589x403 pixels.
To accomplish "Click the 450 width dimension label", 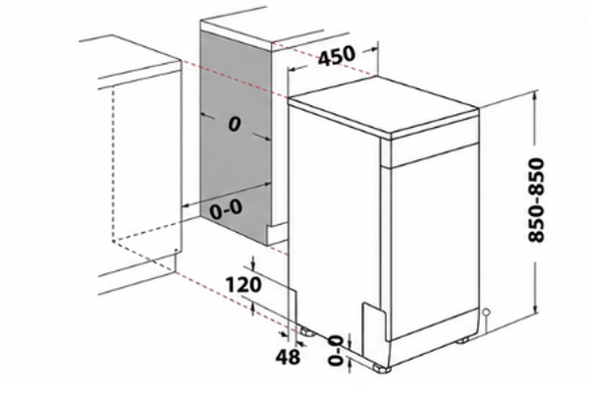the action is click(x=336, y=56).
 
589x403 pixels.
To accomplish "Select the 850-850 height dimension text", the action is click(x=536, y=201).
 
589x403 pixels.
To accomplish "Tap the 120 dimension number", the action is click(x=243, y=285).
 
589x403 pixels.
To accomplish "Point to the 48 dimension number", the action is click(x=288, y=357).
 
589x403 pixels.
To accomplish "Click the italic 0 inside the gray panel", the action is click(x=235, y=124).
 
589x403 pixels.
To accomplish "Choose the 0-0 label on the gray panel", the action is click(x=226, y=209).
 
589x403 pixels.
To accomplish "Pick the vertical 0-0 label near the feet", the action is click(x=336, y=351).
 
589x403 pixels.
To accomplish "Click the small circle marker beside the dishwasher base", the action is click(x=486, y=312).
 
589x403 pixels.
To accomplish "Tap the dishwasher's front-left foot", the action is click(x=382, y=369).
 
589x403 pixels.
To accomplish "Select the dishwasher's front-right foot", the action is click(x=462, y=340).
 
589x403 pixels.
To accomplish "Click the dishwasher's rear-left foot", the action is click(x=307, y=332).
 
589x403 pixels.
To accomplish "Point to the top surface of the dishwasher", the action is click(x=383, y=104).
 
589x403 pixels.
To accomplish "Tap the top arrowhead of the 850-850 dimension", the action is click(x=535, y=95).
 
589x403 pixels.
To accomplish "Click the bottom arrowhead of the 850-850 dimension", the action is click(x=536, y=308).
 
